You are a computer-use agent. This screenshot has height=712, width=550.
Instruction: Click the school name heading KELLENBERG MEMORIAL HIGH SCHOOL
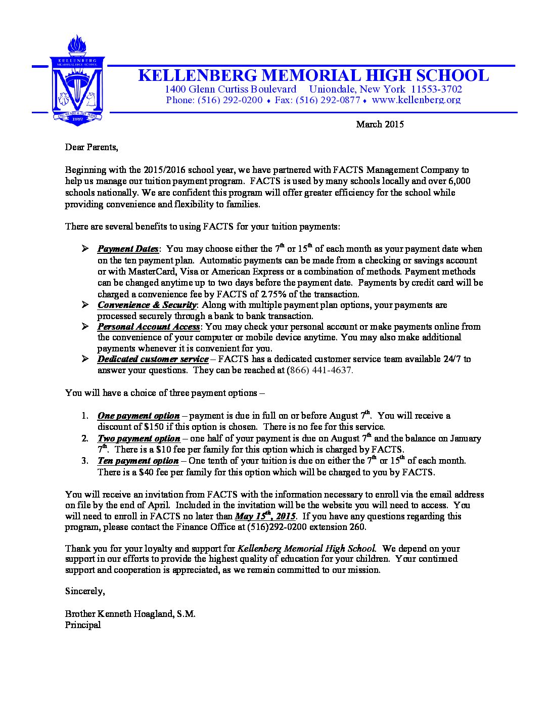pos(313,75)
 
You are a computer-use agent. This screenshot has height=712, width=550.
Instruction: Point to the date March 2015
pos(380,124)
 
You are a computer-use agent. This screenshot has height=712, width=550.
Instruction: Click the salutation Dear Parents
pos(91,147)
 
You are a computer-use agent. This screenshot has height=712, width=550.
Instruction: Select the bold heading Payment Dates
pos(128,249)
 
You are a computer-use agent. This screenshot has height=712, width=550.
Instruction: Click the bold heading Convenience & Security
pos(147,305)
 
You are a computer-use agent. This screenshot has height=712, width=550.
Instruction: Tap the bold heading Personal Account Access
pos(149,327)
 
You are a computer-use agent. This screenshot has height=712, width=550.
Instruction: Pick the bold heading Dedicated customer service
pos(153,359)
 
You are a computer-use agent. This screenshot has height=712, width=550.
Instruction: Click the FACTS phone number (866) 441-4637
pos(319,370)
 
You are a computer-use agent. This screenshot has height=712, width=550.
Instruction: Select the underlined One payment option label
pos(139,416)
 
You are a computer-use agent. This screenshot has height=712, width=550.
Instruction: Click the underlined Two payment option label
pos(139,438)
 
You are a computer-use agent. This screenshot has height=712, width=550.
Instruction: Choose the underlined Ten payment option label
pos(138,461)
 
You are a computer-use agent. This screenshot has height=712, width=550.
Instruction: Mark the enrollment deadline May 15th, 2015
pos(265,516)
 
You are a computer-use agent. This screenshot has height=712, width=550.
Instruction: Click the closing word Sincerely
pos(84,591)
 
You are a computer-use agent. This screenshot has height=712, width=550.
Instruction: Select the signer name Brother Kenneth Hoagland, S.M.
pos(130,614)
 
